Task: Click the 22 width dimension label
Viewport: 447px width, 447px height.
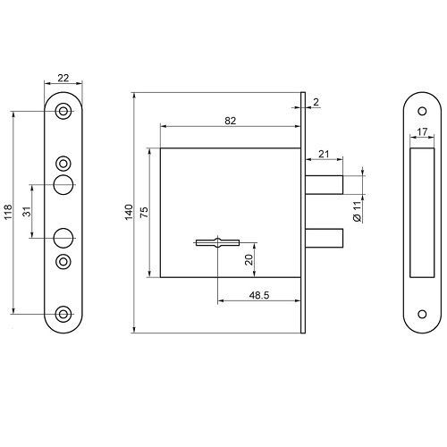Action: click(63, 78)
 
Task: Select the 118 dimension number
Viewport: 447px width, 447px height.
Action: click(8, 212)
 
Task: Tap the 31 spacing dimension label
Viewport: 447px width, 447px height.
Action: click(27, 211)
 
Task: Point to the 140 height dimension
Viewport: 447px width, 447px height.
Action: click(129, 212)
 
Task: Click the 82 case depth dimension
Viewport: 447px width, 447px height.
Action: click(231, 121)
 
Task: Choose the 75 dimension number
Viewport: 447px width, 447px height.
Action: click(144, 212)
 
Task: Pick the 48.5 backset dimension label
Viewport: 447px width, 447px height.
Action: click(259, 295)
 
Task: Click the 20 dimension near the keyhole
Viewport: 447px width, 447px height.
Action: click(249, 260)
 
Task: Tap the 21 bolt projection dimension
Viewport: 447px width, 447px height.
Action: click(324, 154)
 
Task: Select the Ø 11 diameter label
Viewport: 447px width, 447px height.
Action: click(358, 211)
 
